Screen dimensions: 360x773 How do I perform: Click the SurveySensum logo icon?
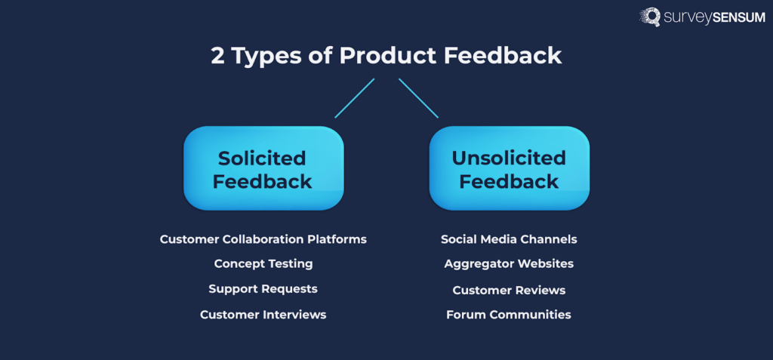click(650, 17)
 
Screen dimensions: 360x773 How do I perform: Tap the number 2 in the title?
click(217, 57)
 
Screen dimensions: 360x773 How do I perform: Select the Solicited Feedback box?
click(263, 169)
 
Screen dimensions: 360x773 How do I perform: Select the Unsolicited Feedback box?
click(509, 169)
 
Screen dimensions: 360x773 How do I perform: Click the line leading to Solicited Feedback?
click(355, 97)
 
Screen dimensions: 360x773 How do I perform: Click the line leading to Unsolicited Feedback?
click(418, 97)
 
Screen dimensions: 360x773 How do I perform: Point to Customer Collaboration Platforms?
click(263, 239)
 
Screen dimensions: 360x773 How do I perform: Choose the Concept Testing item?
click(263, 263)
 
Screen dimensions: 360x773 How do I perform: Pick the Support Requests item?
click(263, 289)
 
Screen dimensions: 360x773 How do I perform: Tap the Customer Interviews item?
click(263, 315)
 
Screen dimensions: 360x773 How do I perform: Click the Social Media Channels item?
click(509, 239)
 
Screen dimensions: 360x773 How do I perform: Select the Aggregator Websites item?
click(509, 263)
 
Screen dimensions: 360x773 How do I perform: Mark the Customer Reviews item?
click(509, 290)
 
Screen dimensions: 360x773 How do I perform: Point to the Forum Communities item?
click(509, 315)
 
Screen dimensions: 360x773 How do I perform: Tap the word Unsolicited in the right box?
click(509, 158)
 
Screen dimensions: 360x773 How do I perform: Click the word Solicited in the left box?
click(262, 158)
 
